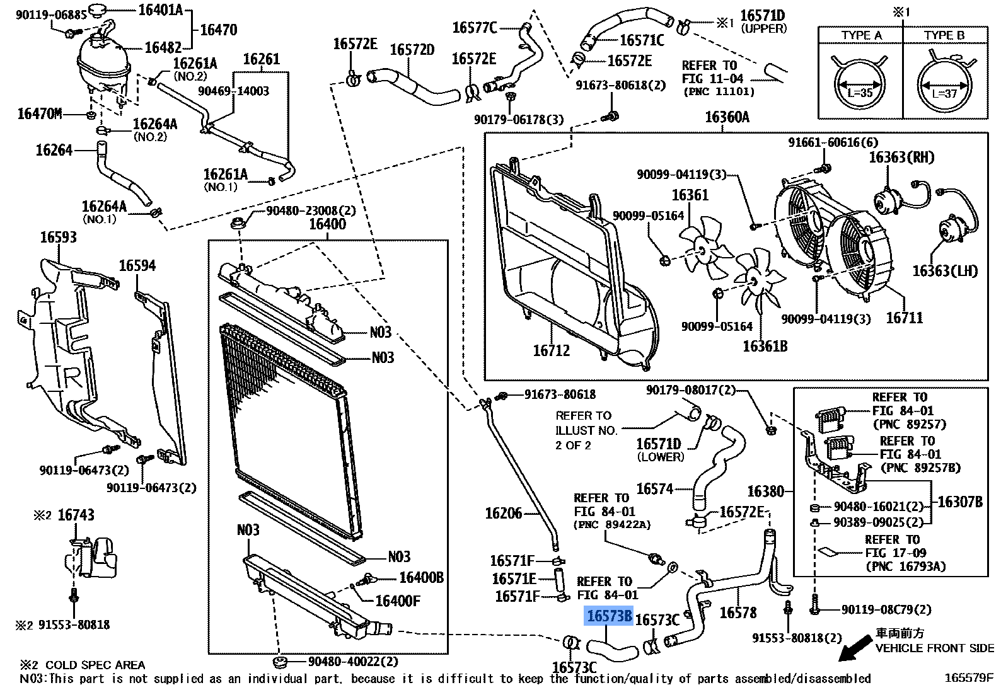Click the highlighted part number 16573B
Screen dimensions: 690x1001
click(x=609, y=616)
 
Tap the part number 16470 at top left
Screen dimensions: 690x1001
click(x=218, y=30)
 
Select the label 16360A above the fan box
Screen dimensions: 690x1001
click(x=727, y=117)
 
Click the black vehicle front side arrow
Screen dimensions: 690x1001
click(x=855, y=648)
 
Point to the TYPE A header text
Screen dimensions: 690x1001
click(x=861, y=36)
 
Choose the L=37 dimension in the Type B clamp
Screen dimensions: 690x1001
click(x=944, y=93)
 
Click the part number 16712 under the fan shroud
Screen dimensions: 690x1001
click(x=551, y=350)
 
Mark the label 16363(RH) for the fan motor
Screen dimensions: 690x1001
click(x=901, y=158)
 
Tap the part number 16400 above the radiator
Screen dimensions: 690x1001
click(x=327, y=224)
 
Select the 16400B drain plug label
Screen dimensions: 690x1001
click(x=421, y=578)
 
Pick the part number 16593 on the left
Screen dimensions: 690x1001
click(x=58, y=238)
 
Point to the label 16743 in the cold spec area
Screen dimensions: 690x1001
click(x=76, y=515)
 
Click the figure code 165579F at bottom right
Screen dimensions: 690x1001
click(x=968, y=678)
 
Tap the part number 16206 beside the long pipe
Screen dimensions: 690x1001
click(x=503, y=514)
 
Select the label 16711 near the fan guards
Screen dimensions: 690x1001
click(x=904, y=318)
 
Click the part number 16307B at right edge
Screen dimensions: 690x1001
click(x=959, y=502)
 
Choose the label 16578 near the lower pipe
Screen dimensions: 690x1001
click(x=738, y=612)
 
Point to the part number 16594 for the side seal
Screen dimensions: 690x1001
click(x=137, y=266)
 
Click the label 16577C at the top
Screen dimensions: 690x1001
click(x=475, y=28)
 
